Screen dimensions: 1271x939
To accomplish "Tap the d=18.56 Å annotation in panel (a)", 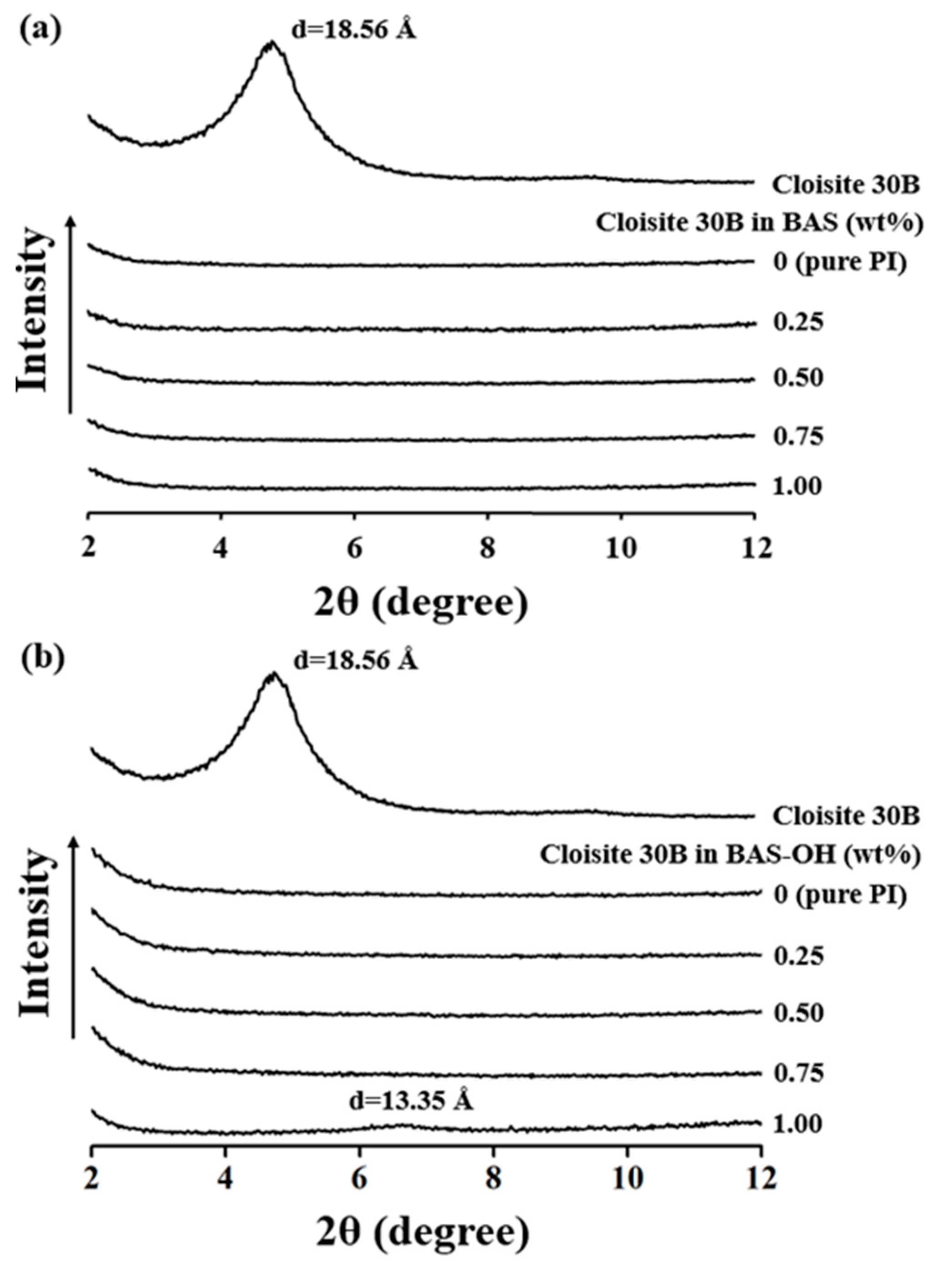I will tap(353, 30).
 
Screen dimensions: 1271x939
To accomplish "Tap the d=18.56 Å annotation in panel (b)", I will tap(355, 660).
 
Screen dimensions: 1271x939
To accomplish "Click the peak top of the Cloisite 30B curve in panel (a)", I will tap(272, 43).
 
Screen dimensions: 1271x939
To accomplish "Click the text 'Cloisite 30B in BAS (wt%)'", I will tap(758, 223).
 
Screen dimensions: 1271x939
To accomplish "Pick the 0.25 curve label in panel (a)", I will tap(797, 323).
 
